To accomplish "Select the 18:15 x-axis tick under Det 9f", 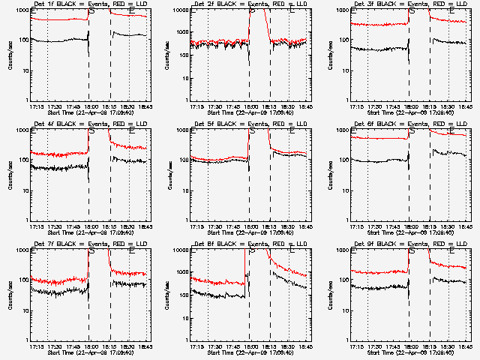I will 429,346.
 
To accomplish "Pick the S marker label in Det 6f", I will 411,131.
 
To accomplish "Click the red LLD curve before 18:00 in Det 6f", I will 375,138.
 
